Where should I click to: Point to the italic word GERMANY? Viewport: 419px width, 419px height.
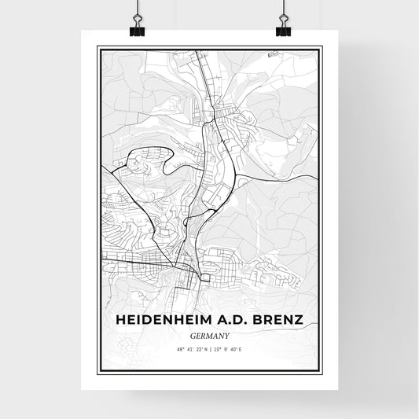(209, 334)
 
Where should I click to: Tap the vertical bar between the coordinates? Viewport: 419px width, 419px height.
(210, 348)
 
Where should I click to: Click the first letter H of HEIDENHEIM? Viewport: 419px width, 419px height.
(120, 320)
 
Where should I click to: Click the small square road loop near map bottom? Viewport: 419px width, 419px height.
(206, 277)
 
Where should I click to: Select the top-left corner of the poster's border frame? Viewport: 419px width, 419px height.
(97, 47)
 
